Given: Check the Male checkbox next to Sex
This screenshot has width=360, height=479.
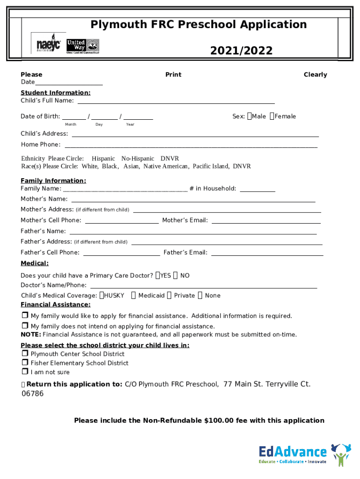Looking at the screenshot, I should point(249,116).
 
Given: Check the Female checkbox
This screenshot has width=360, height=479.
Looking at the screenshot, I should point(272,116).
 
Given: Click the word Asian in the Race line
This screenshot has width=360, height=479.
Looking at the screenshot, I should point(131,167).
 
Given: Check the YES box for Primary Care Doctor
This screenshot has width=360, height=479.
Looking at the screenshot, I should point(158,276).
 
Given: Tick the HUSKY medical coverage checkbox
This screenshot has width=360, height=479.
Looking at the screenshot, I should point(101,295).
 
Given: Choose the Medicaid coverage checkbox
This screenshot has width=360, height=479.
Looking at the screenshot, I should point(134,295).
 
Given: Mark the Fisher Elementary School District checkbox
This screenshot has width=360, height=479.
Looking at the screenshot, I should point(25,363).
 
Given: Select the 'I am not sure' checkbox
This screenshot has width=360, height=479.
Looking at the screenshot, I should point(25,372).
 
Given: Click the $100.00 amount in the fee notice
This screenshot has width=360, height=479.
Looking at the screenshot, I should point(219,421).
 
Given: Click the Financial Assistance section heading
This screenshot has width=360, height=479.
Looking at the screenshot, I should point(56,305).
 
